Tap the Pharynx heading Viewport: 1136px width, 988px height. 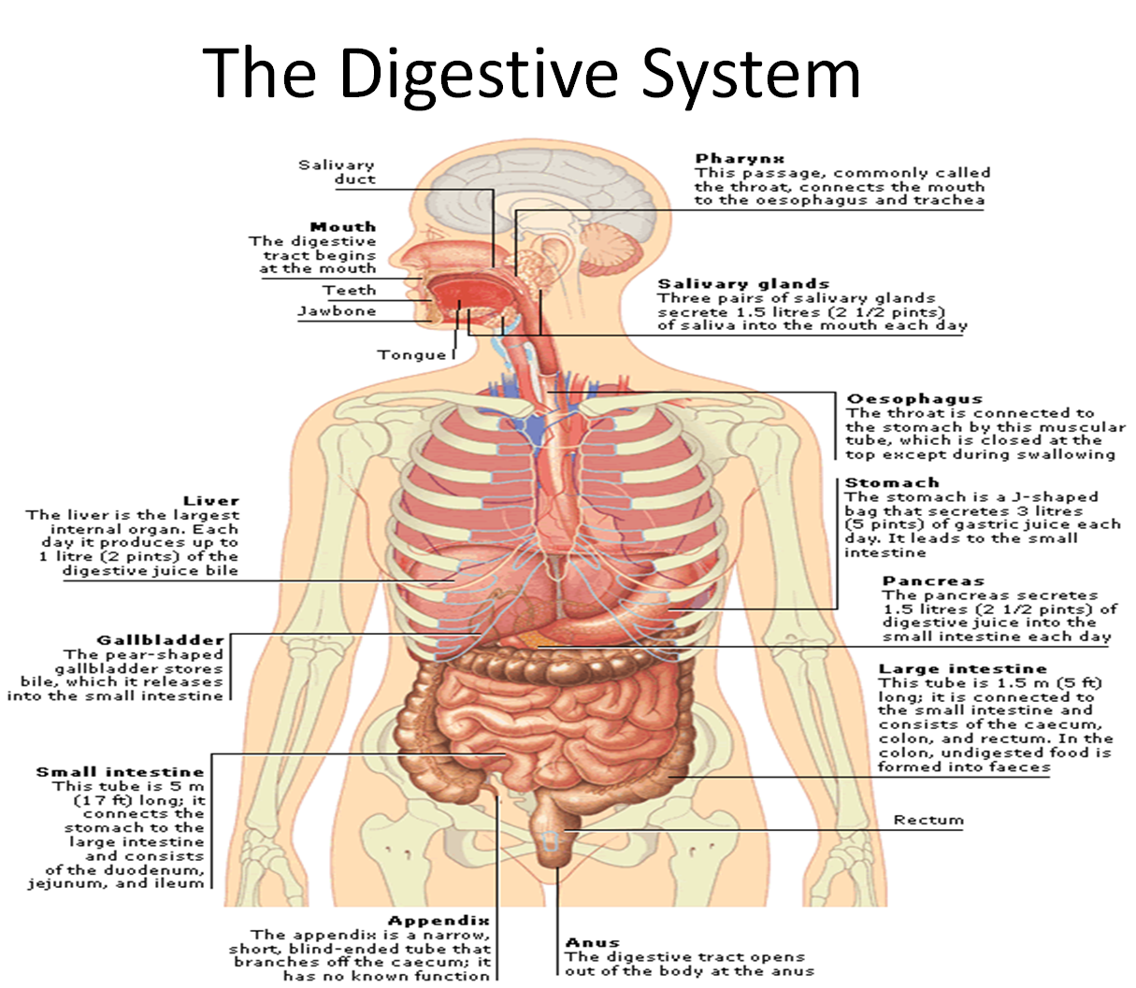pyautogui.click(x=740, y=159)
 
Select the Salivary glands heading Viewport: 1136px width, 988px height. pyautogui.click(x=743, y=283)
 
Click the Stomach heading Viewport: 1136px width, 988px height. pyautogui.click(x=892, y=482)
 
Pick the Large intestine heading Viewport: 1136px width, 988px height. pyautogui.click(x=963, y=668)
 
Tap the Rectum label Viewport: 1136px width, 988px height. pyautogui.click(x=927, y=820)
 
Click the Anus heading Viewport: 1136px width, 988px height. pyautogui.click(x=593, y=942)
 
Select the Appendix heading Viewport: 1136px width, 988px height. pyautogui.click(x=439, y=921)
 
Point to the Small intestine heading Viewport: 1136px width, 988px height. pyautogui.click(x=120, y=771)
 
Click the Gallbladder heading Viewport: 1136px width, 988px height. pyautogui.click(x=161, y=640)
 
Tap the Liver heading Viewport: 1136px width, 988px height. pyautogui.click(x=211, y=501)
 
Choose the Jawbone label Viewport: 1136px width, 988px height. pyautogui.click(x=337, y=311)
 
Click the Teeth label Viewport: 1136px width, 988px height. pyautogui.click(x=350, y=291)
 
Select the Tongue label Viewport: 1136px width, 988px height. pyautogui.click(x=411, y=354)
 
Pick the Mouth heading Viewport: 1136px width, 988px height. pyautogui.click(x=343, y=226)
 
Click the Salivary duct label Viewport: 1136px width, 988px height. pyautogui.click(x=338, y=172)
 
